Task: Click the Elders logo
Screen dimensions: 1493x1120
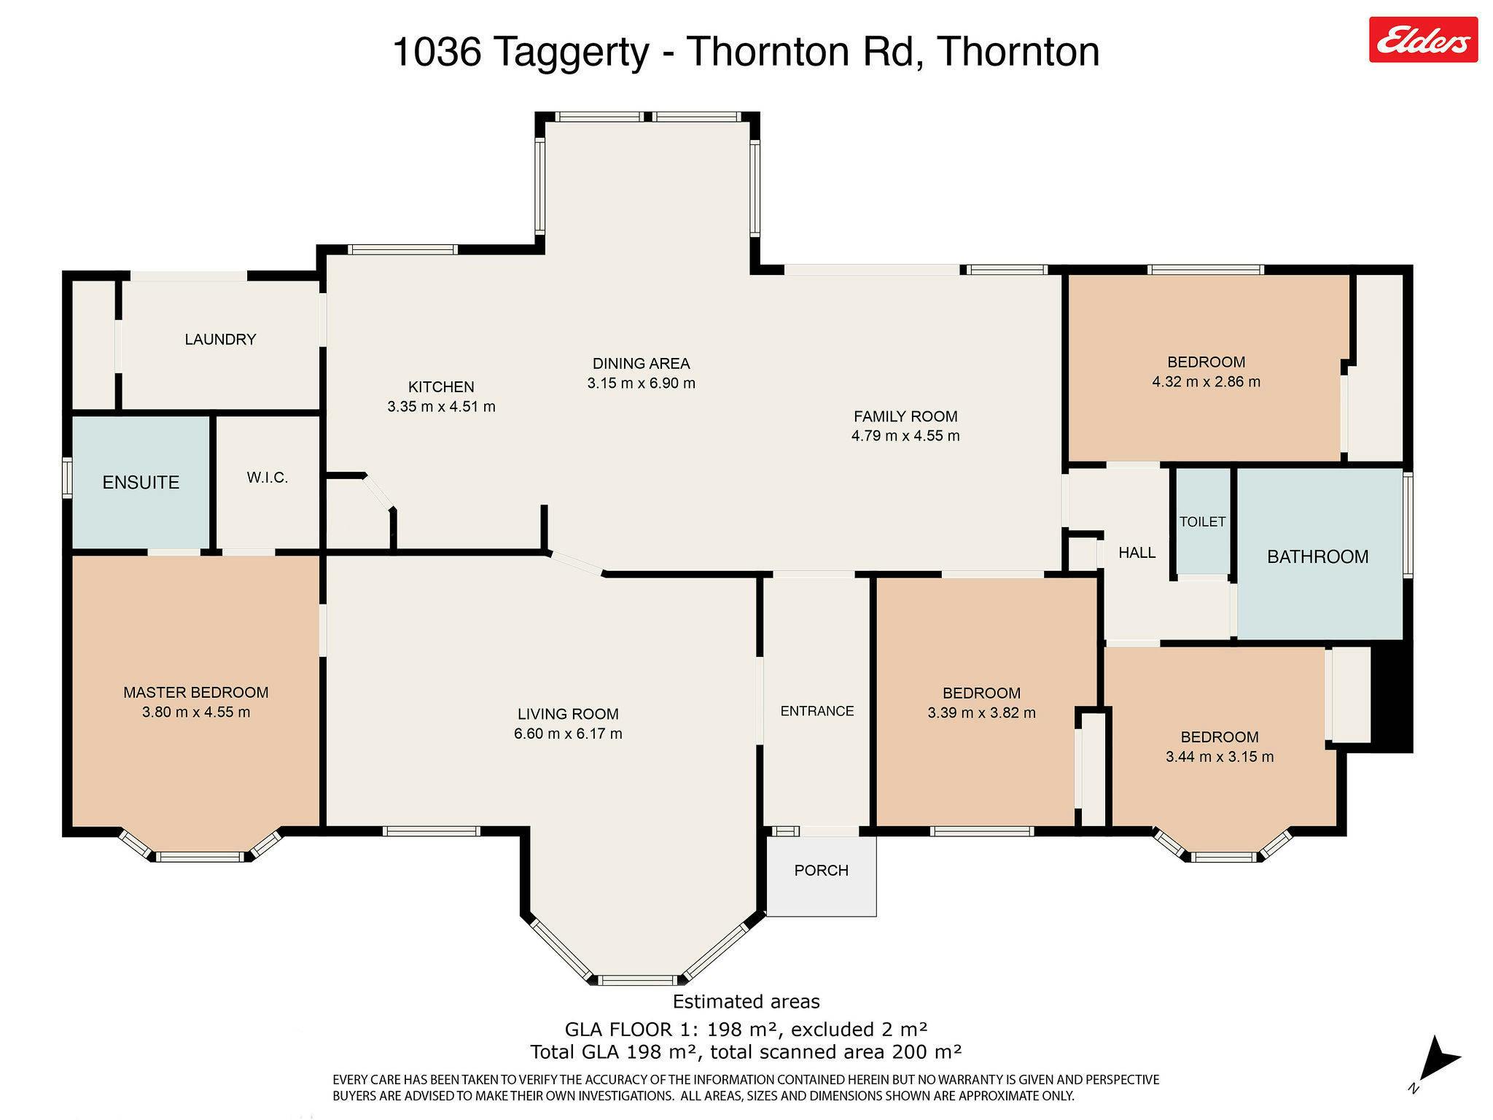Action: (x=1423, y=39)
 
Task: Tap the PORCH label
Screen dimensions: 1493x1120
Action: (x=821, y=871)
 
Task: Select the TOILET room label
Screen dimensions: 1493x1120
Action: (x=1202, y=521)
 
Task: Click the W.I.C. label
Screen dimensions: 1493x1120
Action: (x=268, y=478)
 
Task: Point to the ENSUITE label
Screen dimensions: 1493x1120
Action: (x=141, y=482)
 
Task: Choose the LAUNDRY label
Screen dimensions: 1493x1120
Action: (x=220, y=339)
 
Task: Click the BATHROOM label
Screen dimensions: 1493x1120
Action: (x=1317, y=557)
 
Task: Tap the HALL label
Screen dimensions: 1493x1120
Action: (x=1137, y=553)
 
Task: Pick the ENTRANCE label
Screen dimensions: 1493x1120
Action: (x=816, y=711)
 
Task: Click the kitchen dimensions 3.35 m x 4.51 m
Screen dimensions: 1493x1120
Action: (x=441, y=407)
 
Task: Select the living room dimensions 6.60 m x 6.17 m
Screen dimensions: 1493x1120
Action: (x=568, y=734)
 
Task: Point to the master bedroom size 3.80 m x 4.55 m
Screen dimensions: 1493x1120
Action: (x=196, y=712)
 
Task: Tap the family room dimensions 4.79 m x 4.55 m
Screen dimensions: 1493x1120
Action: (x=905, y=436)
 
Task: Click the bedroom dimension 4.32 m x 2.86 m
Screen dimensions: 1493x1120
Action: (x=1206, y=381)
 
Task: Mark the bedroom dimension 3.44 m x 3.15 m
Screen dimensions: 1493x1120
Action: (x=1220, y=757)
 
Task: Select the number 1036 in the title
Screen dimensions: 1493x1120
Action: (x=437, y=52)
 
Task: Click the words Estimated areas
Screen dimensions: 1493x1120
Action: (x=746, y=1002)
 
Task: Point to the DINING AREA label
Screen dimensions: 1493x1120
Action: (x=641, y=363)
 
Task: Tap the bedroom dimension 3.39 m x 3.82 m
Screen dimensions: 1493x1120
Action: (x=981, y=712)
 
